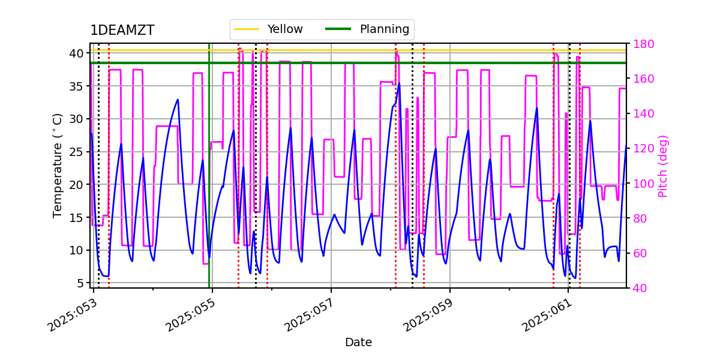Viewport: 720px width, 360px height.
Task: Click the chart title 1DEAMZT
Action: click(x=122, y=31)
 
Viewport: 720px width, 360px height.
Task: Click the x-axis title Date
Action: click(x=358, y=343)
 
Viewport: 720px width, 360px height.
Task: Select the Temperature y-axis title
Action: click(x=58, y=165)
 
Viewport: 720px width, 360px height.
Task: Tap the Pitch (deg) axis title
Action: click(x=663, y=166)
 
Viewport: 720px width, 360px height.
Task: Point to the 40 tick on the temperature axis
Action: click(x=76, y=53)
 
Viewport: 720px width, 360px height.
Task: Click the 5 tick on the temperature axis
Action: click(x=79, y=283)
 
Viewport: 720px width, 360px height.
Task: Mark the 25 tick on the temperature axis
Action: click(x=76, y=152)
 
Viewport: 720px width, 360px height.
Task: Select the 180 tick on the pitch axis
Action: click(x=643, y=44)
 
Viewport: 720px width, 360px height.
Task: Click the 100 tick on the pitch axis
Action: click(x=643, y=184)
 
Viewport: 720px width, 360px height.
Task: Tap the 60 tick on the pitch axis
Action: click(x=640, y=253)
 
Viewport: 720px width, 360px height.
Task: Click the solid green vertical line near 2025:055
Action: click(x=209, y=180)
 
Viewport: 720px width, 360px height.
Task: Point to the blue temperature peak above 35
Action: click(x=399, y=84)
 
